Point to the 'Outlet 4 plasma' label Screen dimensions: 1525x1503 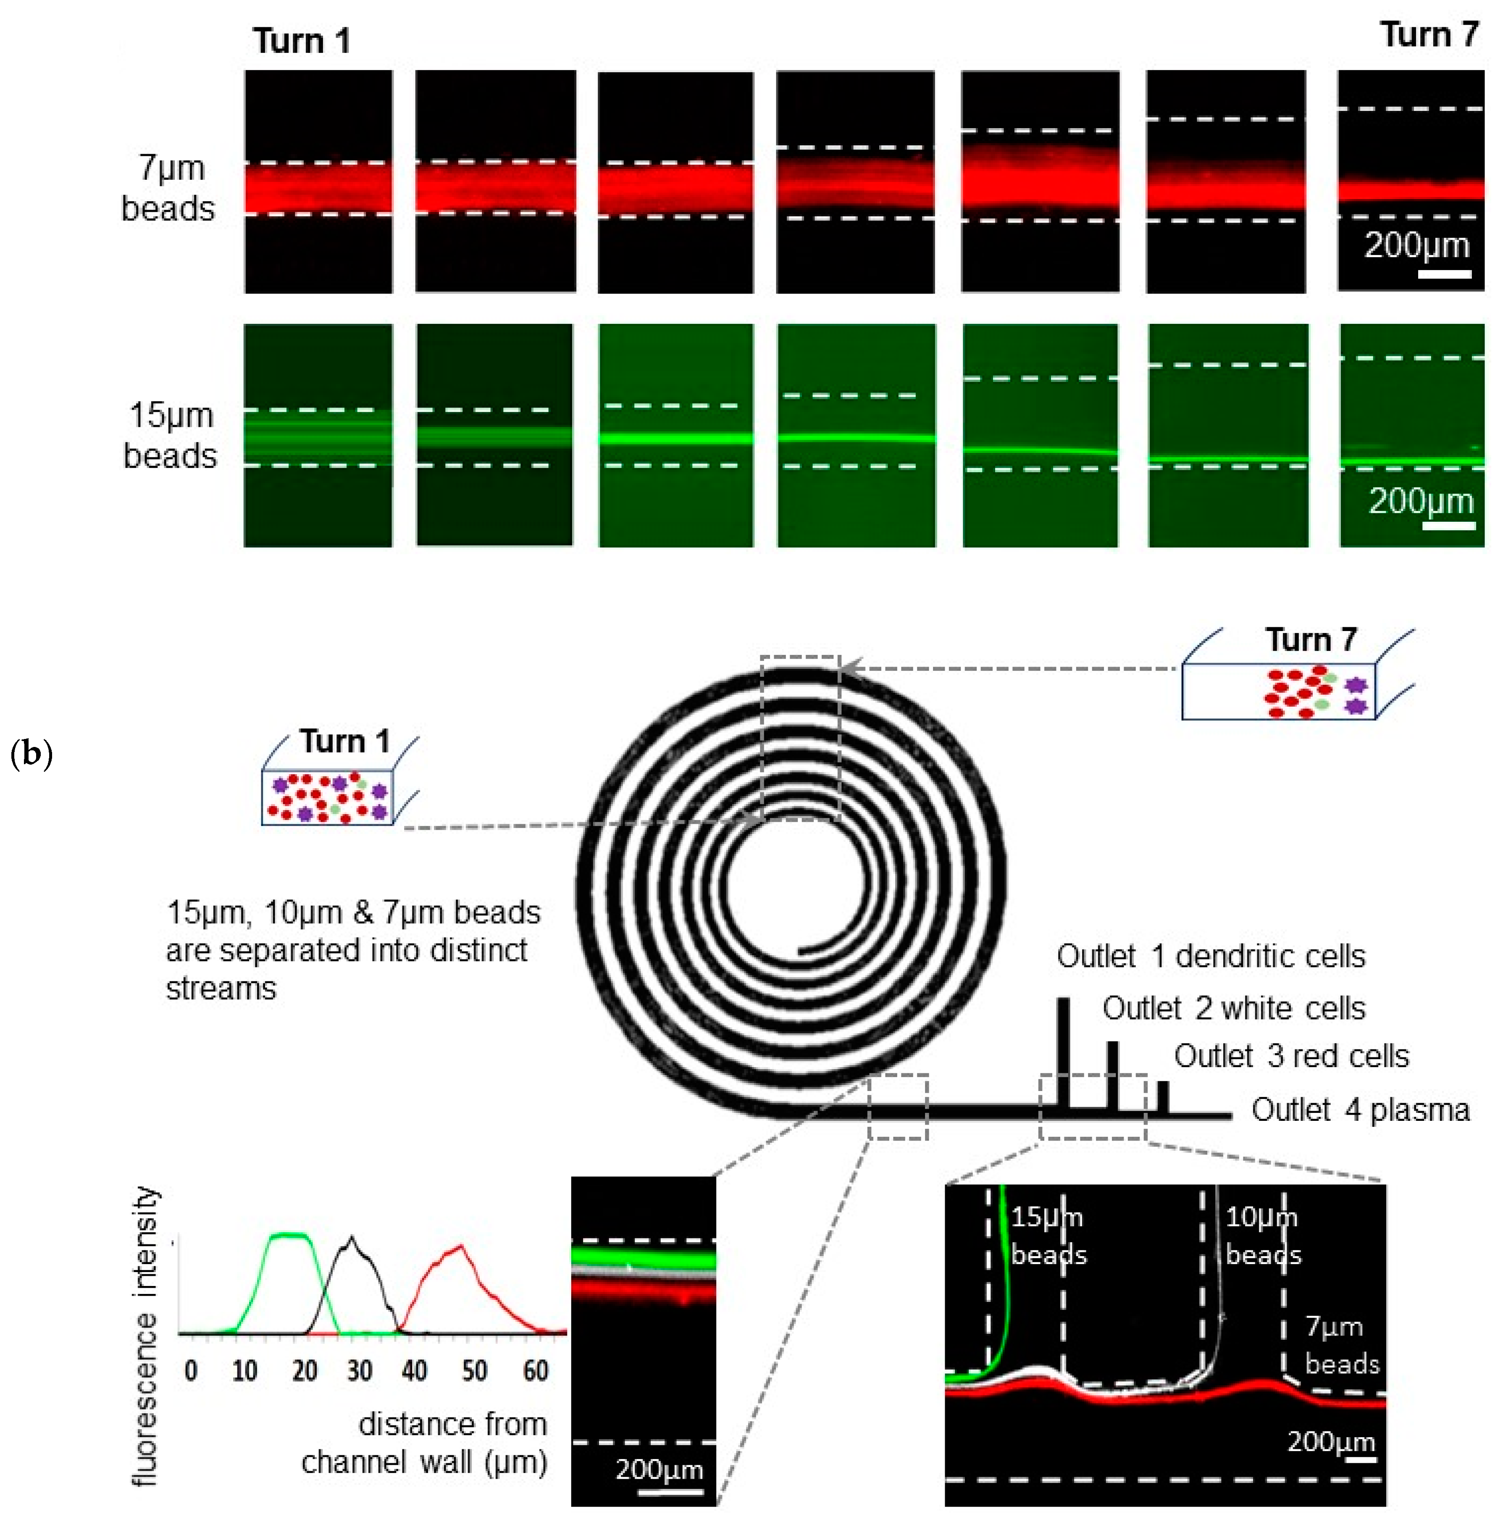pos(1360,1110)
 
